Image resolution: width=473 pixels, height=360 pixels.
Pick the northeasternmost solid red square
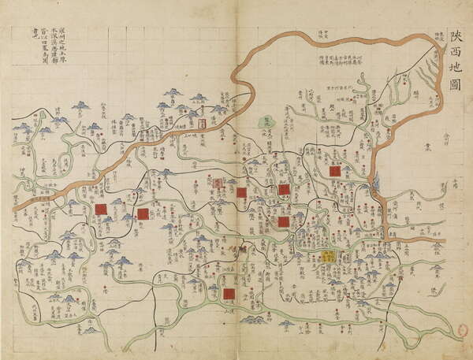[x=334, y=170]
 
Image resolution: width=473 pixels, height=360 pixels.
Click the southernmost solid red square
[x=229, y=294]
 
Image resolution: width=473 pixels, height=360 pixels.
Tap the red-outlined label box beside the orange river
[x=201, y=124]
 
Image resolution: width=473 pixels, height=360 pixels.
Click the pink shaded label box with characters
[x=218, y=182]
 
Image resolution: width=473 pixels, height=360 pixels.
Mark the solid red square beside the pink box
[x=241, y=191]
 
